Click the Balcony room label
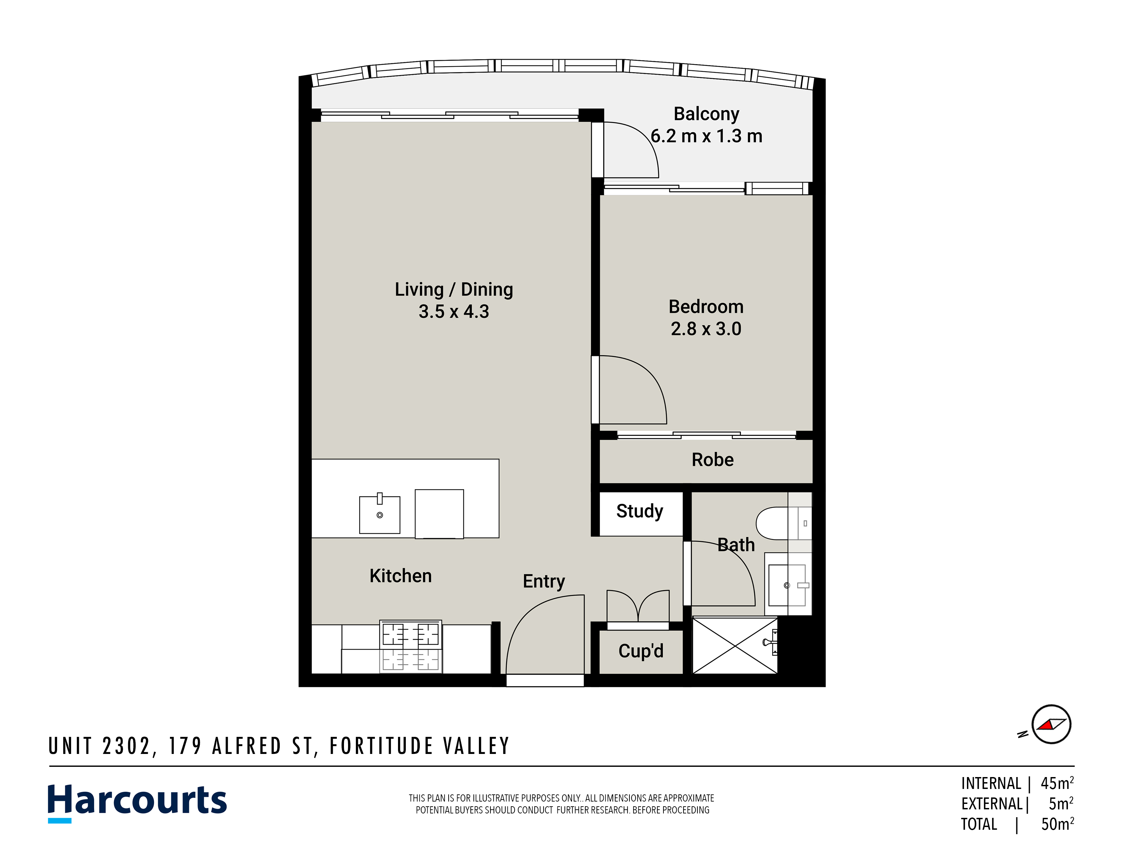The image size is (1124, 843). click(x=706, y=114)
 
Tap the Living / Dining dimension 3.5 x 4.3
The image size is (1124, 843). click(x=454, y=311)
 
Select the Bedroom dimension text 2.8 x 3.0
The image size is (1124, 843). click(x=706, y=329)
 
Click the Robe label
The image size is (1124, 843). click(x=712, y=460)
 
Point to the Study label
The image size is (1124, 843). click(x=640, y=511)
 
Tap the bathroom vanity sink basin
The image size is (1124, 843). click(x=787, y=585)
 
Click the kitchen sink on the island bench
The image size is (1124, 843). click(x=380, y=515)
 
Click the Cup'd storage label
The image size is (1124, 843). click(x=641, y=651)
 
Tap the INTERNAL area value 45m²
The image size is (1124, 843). click(x=1057, y=783)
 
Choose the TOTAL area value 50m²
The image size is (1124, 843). click(x=1057, y=824)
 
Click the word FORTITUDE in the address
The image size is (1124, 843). click(x=381, y=746)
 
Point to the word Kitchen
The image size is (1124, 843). click(x=400, y=576)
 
